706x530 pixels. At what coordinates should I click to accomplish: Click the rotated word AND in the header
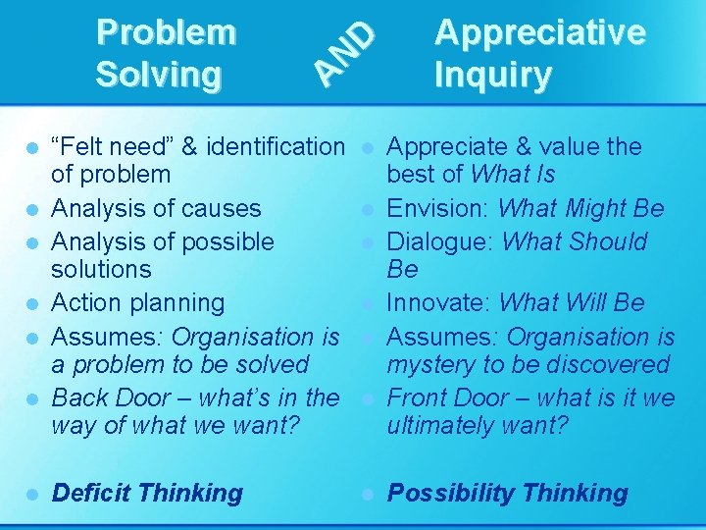click(x=345, y=51)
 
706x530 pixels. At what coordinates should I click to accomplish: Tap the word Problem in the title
click(x=166, y=31)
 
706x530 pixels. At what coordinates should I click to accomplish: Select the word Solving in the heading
click(x=158, y=74)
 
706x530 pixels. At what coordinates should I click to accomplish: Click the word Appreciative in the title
click(x=539, y=31)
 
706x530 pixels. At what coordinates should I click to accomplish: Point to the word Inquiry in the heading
click(x=492, y=74)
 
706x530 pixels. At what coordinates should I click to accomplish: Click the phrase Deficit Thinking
click(x=147, y=493)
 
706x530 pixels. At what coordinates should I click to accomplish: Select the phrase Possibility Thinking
click(x=508, y=493)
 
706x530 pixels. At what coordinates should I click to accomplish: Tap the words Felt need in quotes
click(x=112, y=147)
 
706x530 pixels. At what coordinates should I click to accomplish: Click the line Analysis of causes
click(x=156, y=208)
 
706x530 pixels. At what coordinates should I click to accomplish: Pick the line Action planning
click(x=138, y=302)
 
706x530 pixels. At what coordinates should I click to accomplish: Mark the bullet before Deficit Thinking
click(x=32, y=494)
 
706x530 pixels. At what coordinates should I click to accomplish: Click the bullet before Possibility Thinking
click(x=367, y=494)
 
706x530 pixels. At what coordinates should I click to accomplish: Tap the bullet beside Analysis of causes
click(x=32, y=209)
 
